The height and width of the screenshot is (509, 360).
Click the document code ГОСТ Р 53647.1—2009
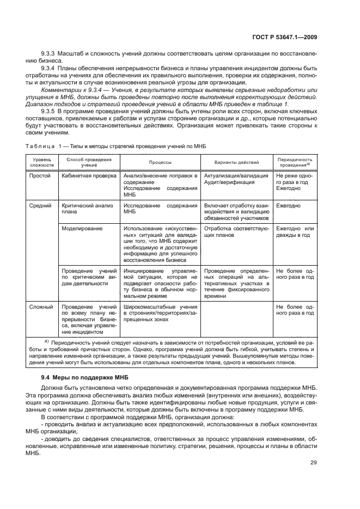(286, 38)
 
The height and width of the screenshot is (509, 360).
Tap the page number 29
(313, 478)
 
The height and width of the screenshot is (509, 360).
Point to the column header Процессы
(161, 162)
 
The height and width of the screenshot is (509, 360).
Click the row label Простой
(40, 176)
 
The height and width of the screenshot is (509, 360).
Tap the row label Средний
(41, 206)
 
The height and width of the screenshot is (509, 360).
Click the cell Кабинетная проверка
(89, 176)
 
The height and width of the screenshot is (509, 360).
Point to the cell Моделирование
(82, 229)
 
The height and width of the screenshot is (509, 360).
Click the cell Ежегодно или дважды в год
(295, 232)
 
